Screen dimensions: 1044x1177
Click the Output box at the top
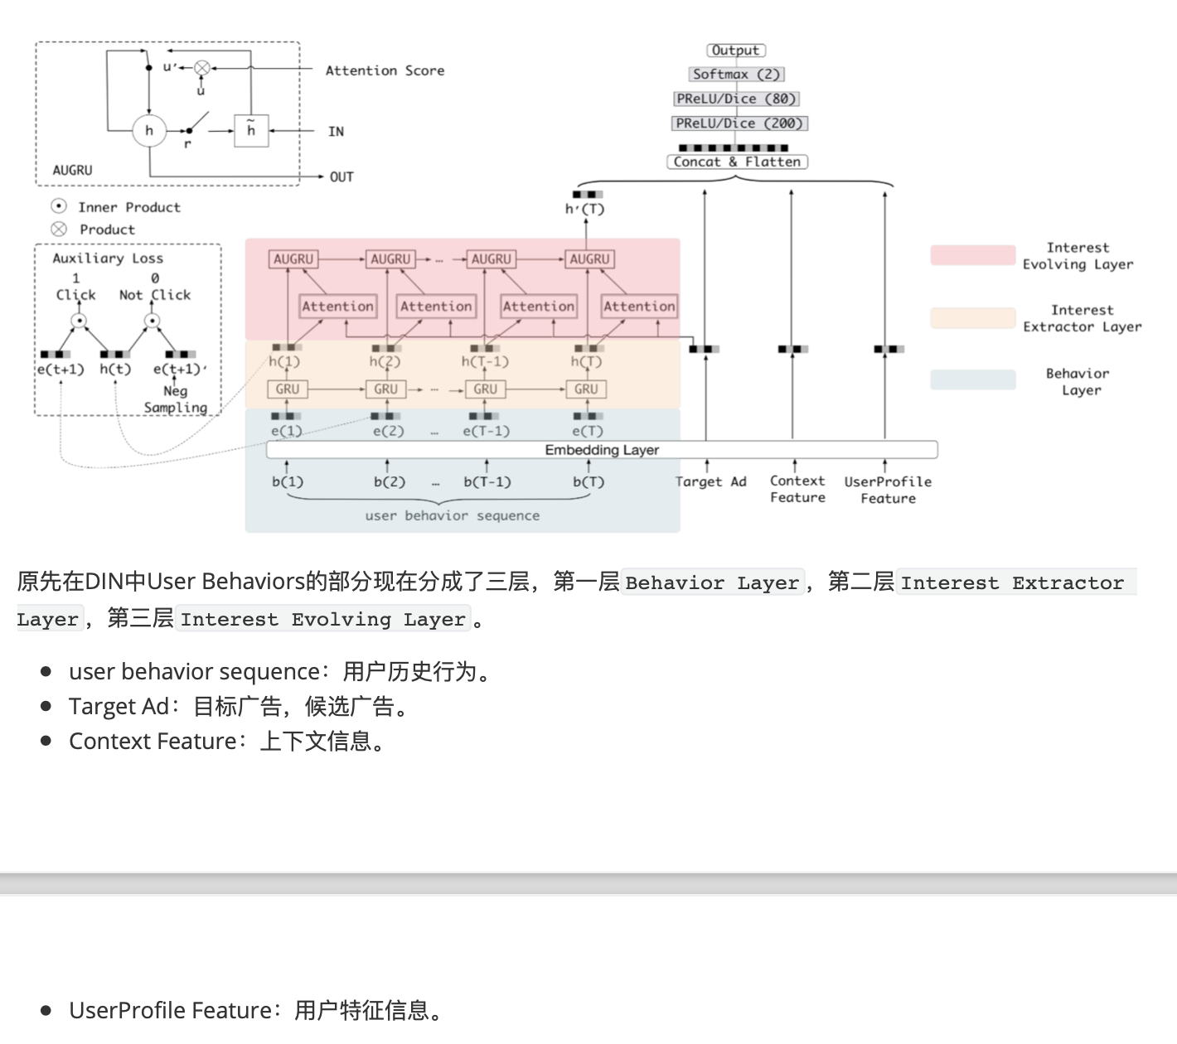pyautogui.click(x=736, y=51)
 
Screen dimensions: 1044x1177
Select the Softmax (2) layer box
pyautogui.click(x=736, y=75)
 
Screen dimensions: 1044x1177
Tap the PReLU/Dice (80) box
pyautogui.click(x=736, y=99)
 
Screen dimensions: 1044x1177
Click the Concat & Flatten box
pyautogui.click(x=737, y=162)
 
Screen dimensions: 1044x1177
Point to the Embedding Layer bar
pyautogui.click(x=602, y=450)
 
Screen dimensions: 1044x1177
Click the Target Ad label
pyautogui.click(x=710, y=481)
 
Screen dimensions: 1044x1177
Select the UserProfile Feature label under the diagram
pyautogui.click(x=888, y=490)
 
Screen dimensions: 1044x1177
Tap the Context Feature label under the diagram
pyautogui.click(x=797, y=489)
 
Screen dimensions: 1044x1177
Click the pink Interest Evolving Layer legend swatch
pyautogui.click(x=972, y=255)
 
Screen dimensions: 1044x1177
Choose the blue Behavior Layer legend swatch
pyautogui.click(x=972, y=380)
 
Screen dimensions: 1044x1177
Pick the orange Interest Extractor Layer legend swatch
pyautogui.click(x=972, y=318)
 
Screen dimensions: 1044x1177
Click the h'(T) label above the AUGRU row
pyautogui.click(x=585, y=209)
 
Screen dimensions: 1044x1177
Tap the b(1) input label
pyautogui.click(x=288, y=481)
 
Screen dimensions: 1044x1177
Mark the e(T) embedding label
pyautogui.click(x=588, y=431)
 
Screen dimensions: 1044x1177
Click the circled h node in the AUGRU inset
pyautogui.click(x=149, y=130)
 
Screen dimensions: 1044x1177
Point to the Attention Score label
pyautogui.click(x=385, y=71)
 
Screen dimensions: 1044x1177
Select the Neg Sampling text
pyautogui.click(x=176, y=399)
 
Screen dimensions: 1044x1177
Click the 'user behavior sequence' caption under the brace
pyautogui.click(x=452, y=515)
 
